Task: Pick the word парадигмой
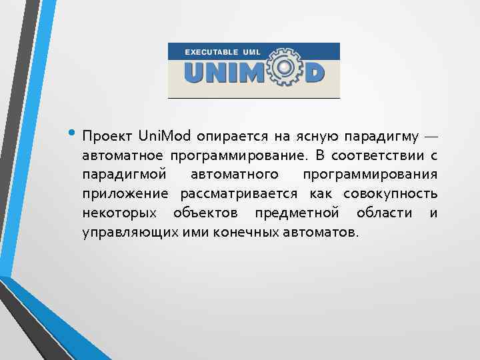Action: click(118, 175)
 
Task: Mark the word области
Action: click(383, 213)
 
